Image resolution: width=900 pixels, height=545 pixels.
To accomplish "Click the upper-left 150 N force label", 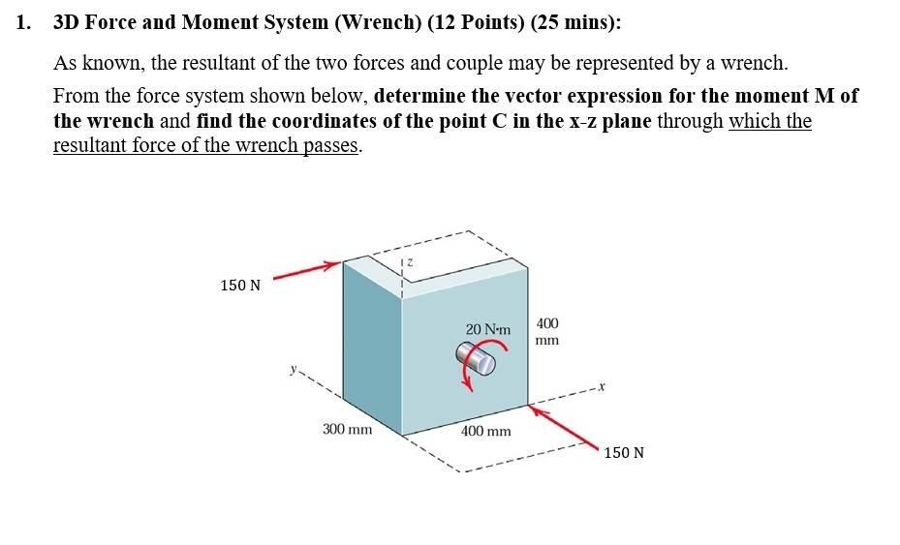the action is point(240,285).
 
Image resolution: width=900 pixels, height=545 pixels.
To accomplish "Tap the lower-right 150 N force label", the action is point(623,452).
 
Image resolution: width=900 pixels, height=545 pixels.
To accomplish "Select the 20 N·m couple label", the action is point(487,330).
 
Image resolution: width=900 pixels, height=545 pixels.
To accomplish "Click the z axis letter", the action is point(410,261).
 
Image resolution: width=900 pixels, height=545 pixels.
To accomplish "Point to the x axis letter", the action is point(601,387).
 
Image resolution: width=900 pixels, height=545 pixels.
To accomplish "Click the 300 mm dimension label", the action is point(347,428).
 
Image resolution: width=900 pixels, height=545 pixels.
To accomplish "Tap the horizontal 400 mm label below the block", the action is point(485,431).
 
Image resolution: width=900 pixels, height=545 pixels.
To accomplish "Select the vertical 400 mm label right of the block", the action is point(547,331).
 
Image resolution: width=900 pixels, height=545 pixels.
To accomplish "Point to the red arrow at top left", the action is point(307,269).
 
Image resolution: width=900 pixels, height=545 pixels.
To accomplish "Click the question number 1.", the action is point(22,22).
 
